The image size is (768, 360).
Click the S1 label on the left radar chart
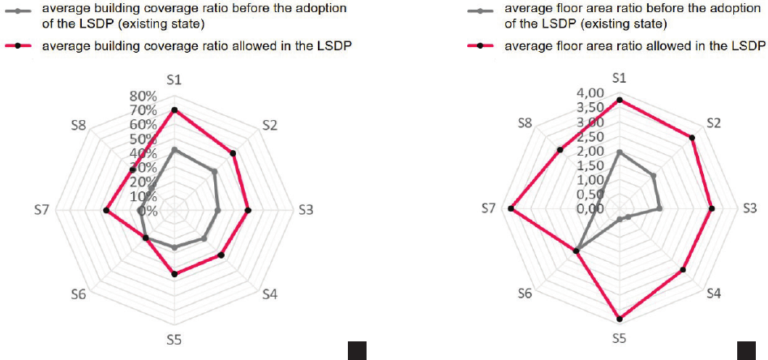(x=174, y=79)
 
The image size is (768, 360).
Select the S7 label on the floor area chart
(x=487, y=209)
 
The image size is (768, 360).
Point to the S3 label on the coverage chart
(x=306, y=210)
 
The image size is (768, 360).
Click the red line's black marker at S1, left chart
(x=174, y=109)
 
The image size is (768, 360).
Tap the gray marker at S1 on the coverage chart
(x=174, y=150)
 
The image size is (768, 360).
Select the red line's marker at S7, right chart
(x=511, y=209)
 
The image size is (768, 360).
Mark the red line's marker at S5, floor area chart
(x=620, y=318)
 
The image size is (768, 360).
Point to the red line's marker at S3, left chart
(x=247, y=210)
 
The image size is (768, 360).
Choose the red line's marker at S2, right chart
(x=693, y=138)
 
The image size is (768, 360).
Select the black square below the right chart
(x=746, y=350)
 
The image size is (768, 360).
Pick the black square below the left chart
(x=357, y=350)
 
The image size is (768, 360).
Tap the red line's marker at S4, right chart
(x=684, y=269)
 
